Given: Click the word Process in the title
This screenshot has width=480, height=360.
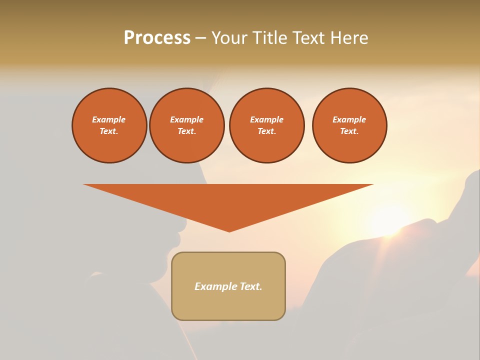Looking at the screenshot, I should (157, 38).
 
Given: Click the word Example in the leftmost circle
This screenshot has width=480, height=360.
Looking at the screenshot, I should (109, 119).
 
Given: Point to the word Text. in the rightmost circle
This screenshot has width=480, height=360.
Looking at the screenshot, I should (349, 131).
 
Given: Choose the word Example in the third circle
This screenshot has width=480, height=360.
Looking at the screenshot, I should (266, 119).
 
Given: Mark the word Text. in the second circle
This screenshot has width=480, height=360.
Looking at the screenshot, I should (186, 131).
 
